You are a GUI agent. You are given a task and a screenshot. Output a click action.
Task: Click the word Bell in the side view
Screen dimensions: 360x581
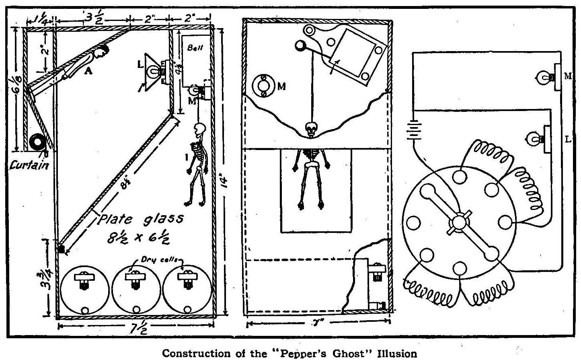coord(196,47)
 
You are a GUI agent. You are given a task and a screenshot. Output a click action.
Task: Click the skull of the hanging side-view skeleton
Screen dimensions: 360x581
coord(199,130)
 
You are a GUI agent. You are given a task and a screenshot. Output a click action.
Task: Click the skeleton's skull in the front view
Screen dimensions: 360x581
coord(311,130)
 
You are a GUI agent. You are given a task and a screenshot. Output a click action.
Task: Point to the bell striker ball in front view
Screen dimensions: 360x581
coord(300,46)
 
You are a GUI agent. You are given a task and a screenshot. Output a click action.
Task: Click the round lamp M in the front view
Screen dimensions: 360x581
coord(263,85)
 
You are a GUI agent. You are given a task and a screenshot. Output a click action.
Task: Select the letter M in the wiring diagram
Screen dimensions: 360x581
coord(567,76)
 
